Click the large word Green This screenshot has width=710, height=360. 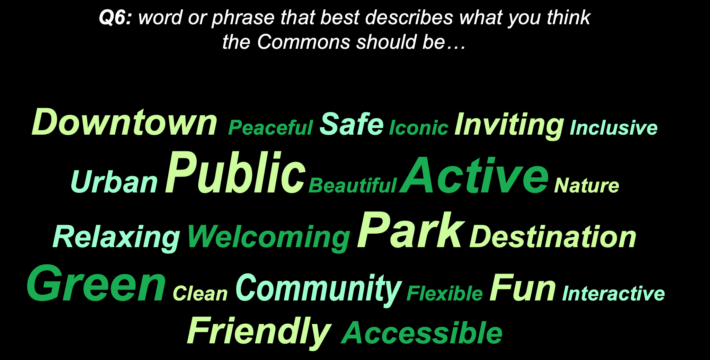pos(96,283)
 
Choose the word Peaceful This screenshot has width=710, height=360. pos(270,127)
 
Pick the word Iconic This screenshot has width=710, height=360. pos(419,128)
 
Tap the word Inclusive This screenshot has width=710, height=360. pos(613,128)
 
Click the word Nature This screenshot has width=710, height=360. pos(586,186)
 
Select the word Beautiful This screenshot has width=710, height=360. pos(352,185)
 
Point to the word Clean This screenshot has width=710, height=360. pos(200,294)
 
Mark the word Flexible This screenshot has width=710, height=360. pos(444,294)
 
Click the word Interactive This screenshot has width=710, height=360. pos(613,294)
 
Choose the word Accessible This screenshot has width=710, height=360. pos(421,333)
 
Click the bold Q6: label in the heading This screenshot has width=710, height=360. pos(115,17)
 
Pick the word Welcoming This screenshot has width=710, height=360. pos(268,238)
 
